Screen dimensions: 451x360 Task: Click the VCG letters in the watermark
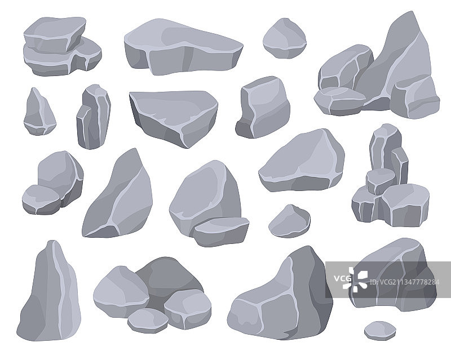(343, 278)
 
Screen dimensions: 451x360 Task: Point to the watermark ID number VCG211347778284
(404, 282)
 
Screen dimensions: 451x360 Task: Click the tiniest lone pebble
(380, 331)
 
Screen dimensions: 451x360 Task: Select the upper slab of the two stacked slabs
(55, 34)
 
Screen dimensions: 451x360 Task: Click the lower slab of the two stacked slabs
(62, 59)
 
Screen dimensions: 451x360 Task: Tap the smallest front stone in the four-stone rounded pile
(148, 321)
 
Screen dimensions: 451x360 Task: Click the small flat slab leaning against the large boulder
(221, 231)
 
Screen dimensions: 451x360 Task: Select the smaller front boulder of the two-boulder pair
(41, 199)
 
